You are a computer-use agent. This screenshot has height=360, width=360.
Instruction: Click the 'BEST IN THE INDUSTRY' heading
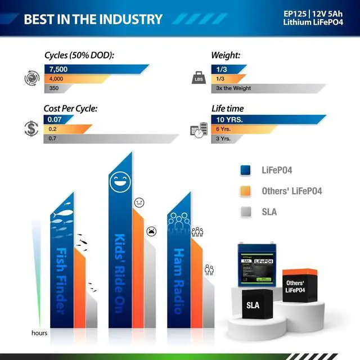point(93,19)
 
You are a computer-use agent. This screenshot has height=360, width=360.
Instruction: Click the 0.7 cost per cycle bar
point(107,138)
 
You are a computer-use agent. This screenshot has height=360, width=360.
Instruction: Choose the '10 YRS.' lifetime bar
point(264,119)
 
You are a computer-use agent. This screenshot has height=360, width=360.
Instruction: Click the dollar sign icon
point(31,128)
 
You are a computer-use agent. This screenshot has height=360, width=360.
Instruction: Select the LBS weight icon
point(198,78)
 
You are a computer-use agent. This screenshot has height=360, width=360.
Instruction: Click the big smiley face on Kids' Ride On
point(119,181)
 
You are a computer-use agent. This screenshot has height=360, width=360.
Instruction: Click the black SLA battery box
point(253,305)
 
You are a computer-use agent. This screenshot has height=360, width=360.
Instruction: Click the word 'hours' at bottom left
point(39,333)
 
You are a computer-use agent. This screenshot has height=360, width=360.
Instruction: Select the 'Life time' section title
point(227,108)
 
